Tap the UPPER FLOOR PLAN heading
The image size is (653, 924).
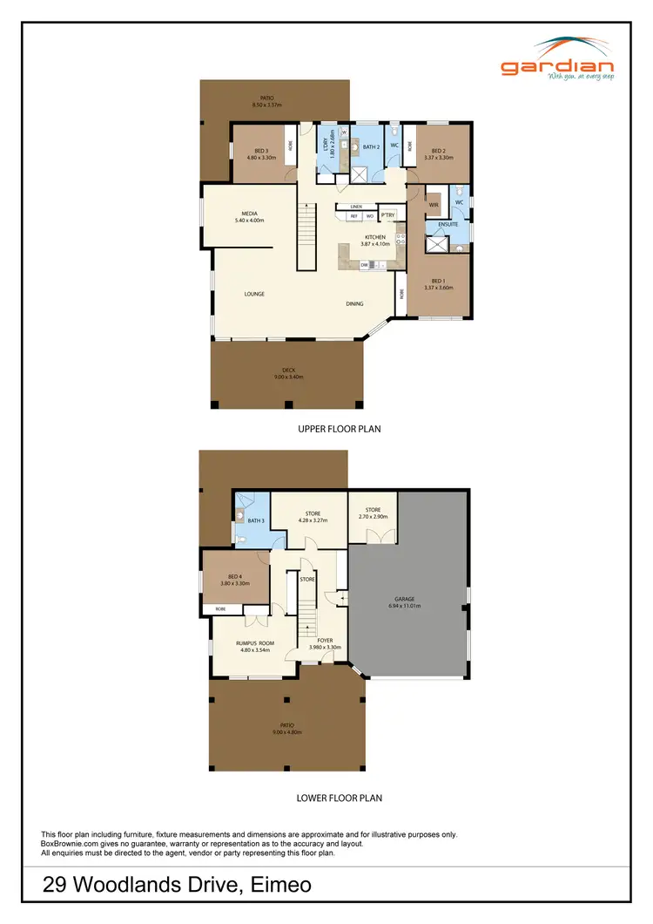point(339,429)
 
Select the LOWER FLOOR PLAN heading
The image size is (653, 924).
point(339,797)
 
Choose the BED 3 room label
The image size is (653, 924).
point(261,153)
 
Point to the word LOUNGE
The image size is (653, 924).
point(253,294)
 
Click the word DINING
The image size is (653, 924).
point(354,303)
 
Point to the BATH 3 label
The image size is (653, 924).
point(256,520)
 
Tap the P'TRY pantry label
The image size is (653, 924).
point(388,215)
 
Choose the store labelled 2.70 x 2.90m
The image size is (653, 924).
point(374,513)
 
